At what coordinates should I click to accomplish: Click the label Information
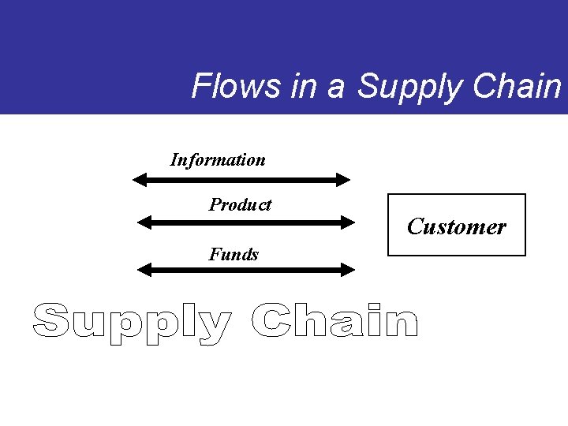pyautogui.click(x=218, y=160)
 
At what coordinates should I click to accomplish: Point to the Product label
pyautogui.click(x=240, y=205)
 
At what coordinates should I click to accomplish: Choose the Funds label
pyautogui.click(x=234, y=254)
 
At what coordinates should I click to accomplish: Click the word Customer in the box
pyautogui.click(x=456, y=227)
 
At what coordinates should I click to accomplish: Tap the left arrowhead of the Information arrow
pyautogui.click(x=140, y=180)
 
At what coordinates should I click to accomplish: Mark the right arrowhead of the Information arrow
pyautogui.click(x=343, y=180)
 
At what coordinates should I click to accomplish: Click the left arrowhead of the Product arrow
pyautogui.click(x=144, y=222)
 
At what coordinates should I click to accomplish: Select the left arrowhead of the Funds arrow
pyautogui.click(x=144, y=270)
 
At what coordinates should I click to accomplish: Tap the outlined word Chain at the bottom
pyautogui.click(x=334, y=321)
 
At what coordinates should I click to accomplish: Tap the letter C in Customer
pyautogui.click(x=416, y=227)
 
